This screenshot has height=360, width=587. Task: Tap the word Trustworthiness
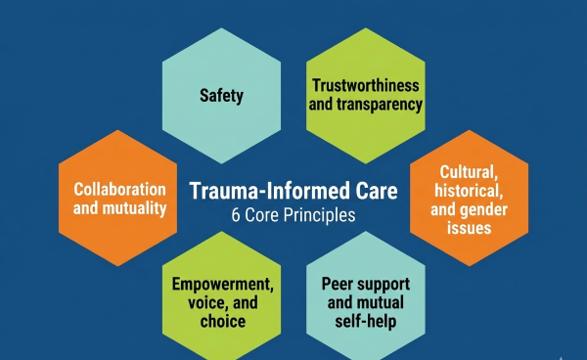tap(365, 86)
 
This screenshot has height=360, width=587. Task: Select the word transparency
tap(381, 105)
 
